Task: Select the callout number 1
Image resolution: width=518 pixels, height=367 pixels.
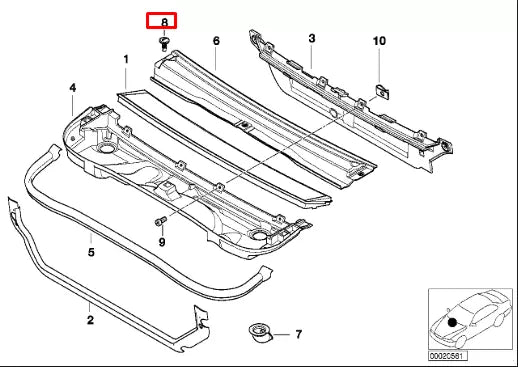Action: tap(126, 60)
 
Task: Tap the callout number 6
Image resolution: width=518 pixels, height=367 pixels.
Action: tap(215, 41)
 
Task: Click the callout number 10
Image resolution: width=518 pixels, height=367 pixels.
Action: tap(379, 41)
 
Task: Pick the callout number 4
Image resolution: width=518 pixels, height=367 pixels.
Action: tap(72, 89)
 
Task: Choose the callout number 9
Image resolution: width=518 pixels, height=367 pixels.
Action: tap(162, 241)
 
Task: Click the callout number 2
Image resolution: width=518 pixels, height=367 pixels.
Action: tap(90, 320)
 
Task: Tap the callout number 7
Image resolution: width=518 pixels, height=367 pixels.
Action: tap(298, 334)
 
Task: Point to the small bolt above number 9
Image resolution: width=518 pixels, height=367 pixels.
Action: tap(160, 220)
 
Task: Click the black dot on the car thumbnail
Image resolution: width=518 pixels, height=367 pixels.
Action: tap(453, 322)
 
